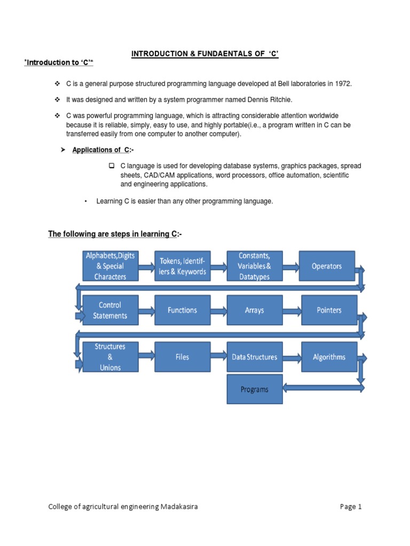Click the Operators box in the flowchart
(x=327, y=266)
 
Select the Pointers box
(x=329, y=310)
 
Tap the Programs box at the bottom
(x=254, y=389)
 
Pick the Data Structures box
(x=254, y=357)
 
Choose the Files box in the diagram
(x=182, y=357)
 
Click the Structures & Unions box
(x=110, y=357)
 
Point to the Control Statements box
(x=110, y=310)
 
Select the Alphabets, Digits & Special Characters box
(x=110, y=266)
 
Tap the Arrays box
(x=254, y=310)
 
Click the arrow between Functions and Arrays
(x=218, y=310)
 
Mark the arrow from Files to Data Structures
(x=218, y=357)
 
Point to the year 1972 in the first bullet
(x=343, y=85)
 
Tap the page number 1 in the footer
(x=360, y=507)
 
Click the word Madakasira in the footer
(x=179, y=507)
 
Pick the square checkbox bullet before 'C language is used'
(x=112, y=166)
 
